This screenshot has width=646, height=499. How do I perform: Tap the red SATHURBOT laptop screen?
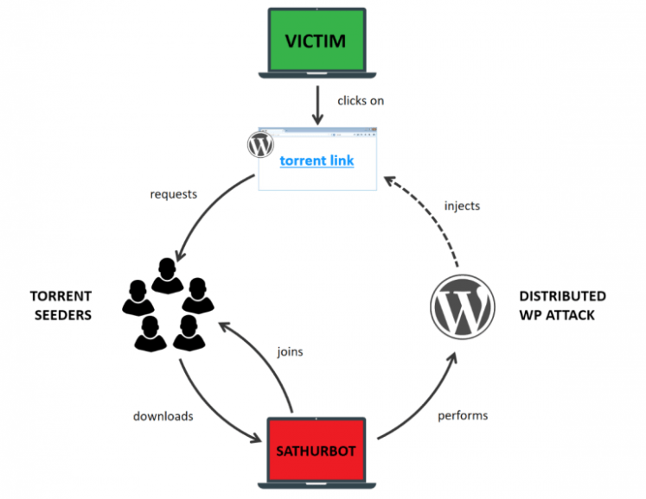pos(317,450)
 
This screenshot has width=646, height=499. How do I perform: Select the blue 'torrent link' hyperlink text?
pos(317,161)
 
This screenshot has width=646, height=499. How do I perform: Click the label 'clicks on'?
pos(361,101)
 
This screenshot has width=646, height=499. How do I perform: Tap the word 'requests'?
pos(173,194)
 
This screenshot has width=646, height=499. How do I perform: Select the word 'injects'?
pos(462,206)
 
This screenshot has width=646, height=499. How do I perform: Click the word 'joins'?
pos(290,352)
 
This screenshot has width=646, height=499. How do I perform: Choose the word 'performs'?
pos(463,415)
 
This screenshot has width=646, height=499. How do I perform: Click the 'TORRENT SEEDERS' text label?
pos(61,306)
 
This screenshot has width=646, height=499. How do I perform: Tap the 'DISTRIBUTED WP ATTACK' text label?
pos(562,306)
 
